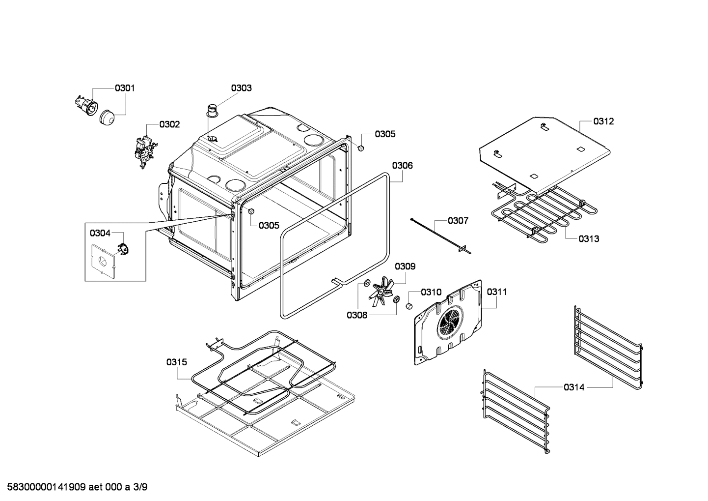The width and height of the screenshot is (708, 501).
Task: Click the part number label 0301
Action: click(x=125, y=88)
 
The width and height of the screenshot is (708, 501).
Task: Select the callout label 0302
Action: click(x=169, y=125)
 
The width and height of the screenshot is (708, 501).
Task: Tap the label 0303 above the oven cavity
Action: click(x=241, y=88)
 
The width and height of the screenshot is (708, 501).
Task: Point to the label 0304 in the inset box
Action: click(x=100, y=233)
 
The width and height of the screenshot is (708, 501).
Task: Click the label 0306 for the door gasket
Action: click(x=402, y=166)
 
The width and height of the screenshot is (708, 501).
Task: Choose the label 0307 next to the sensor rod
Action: click(x=458, y=221)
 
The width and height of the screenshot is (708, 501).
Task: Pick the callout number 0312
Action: click(x=603, y=121)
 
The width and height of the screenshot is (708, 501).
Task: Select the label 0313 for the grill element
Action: click(x=588, y=239)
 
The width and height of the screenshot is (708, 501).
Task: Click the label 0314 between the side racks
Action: click(x=574, y=387)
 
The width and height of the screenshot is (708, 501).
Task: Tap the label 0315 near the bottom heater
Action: click(x=176, y=362)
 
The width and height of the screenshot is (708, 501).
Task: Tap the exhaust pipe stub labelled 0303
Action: click(x=213, y=111)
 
